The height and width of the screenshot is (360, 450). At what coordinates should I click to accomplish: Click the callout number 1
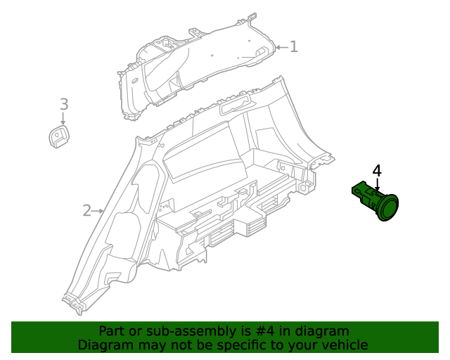coord(294,47)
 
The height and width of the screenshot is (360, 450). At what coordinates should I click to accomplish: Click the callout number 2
coord(87,210)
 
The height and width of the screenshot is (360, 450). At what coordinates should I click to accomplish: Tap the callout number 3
coord(63,105)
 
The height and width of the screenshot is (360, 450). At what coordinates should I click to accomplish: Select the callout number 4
coord(377,171)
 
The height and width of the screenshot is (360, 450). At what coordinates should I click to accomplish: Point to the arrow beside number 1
coord(281,48)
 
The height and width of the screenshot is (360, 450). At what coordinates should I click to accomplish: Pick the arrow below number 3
coord(63,120)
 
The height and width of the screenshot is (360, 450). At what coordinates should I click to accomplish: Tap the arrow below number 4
coord(377,185)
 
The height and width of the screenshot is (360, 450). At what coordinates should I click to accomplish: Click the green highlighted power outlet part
coord(377,200)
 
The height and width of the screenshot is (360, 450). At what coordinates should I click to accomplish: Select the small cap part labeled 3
coord(59,136)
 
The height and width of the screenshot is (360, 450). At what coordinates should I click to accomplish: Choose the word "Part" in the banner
coord(112,331)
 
